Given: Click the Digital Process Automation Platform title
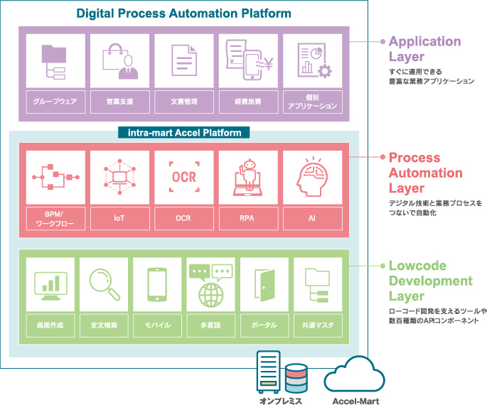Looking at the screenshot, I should pos(183,13).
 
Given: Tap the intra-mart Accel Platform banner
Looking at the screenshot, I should pos(183,132).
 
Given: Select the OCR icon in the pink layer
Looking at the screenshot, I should pos(183,175).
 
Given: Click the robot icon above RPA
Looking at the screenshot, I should pos(248,176).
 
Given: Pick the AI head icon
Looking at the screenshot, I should pos(312,175).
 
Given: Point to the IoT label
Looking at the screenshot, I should pos(119,219).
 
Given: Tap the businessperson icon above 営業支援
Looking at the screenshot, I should pos(119,60).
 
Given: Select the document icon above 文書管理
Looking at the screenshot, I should pos(183,60).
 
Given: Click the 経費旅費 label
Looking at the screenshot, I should pos(248,101).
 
